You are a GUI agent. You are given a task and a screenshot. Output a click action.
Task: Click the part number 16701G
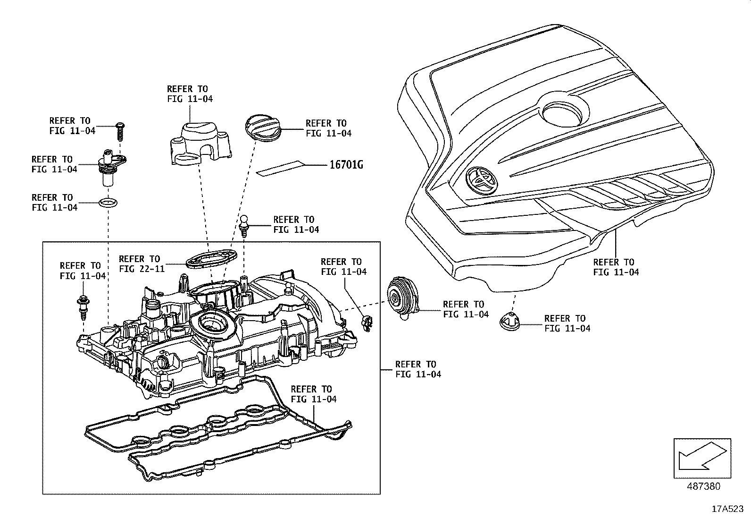pyautogui.click(x=346, y=165)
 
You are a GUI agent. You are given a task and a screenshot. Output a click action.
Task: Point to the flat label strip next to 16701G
pyautogui.click(x=281, y=168)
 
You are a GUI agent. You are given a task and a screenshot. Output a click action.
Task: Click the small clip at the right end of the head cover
pyautogui.click(x=367, y=323)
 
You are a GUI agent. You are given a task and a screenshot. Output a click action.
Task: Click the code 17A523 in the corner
pyautogui.click(x=727, y=509)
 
